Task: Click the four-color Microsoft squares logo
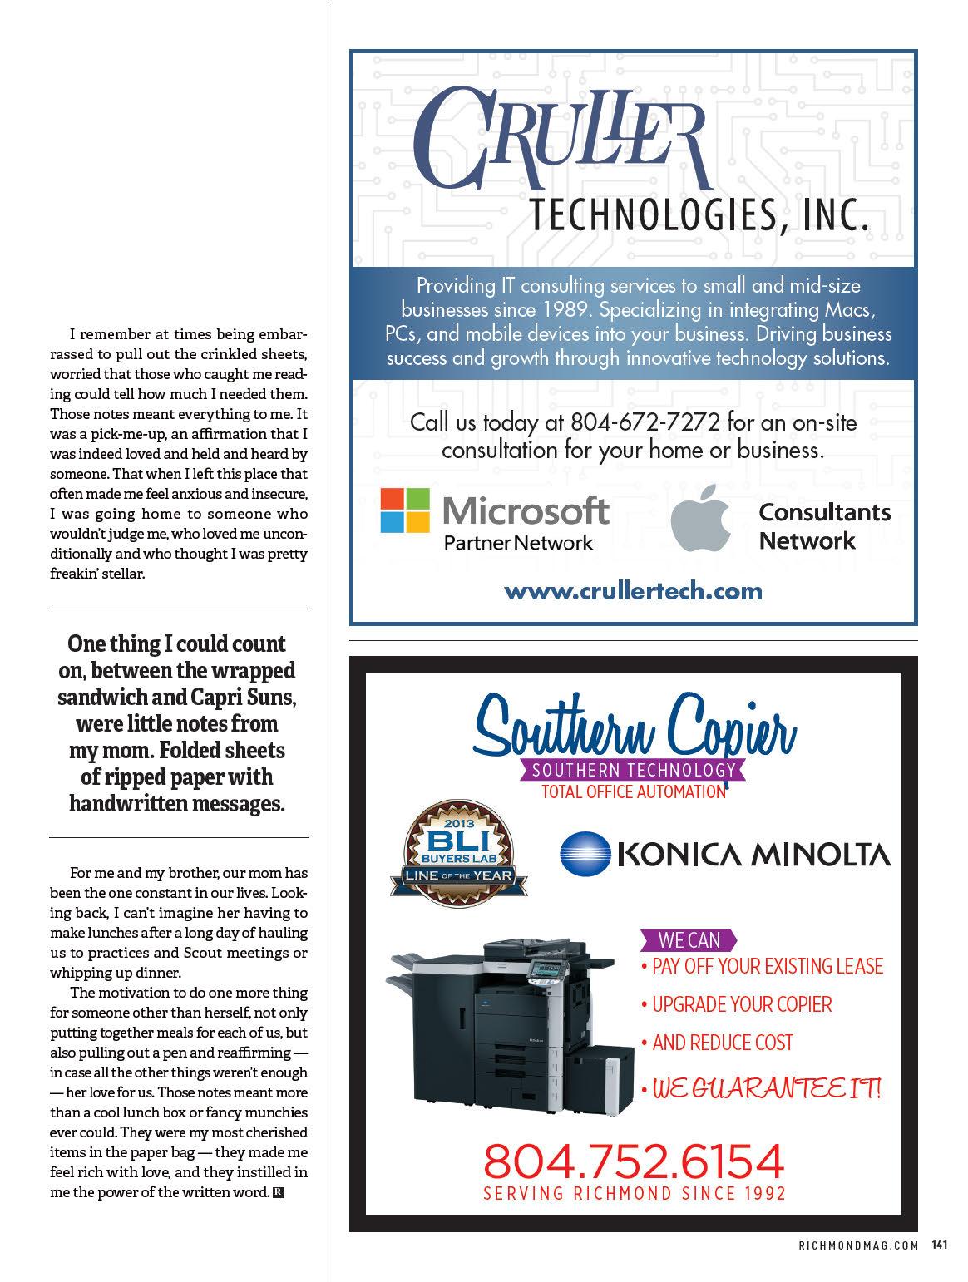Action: [405, 510]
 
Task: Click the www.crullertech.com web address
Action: [633, 591]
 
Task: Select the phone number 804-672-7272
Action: [645, 422]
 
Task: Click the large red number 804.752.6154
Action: [634, 1161]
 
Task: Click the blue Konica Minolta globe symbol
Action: [585, 855]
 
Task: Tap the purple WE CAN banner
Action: [689, 940]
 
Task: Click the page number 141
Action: [940, 1245]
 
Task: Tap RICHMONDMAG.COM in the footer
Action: [858, 1245]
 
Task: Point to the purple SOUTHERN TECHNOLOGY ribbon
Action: [634, 770]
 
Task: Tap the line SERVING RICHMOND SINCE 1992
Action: [634, 1193]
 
